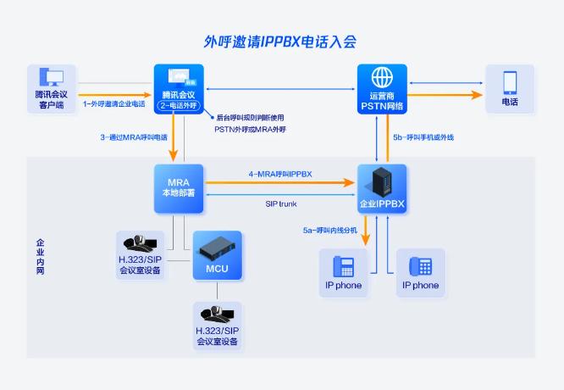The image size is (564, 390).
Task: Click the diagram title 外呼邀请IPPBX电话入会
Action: tap(279, 42)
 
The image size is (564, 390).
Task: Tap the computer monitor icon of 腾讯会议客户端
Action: tap(52, 76)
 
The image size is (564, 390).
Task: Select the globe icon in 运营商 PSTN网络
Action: tap(382, 77)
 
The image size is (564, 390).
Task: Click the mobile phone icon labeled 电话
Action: tap(510, 83)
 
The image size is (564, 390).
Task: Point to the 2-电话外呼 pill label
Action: tap(179, 105)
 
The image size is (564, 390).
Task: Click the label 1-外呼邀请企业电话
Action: tap(113, 104)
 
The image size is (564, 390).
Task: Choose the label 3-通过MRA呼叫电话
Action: tap(134, 137)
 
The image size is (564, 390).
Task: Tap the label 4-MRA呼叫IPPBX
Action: tap(280, 174)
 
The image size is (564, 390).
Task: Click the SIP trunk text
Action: tap(281, 203)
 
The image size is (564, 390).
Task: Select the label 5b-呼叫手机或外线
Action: tap(423, 137)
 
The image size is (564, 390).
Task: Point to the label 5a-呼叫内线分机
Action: tap(329, 230)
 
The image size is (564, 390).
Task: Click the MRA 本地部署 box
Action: tap(179, 189)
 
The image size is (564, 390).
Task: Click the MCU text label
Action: tap(217, 269)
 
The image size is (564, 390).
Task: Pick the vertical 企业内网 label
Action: tap(41, 256)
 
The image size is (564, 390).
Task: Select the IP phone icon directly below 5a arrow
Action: tap(344, 266)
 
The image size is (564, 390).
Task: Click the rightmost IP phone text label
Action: tap(421, 285)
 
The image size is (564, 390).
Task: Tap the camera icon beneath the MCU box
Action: tap(217, 314)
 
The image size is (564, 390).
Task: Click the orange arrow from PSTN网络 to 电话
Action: tap(445, 95)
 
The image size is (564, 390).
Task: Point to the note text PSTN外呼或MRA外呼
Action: tap(251, 129)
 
